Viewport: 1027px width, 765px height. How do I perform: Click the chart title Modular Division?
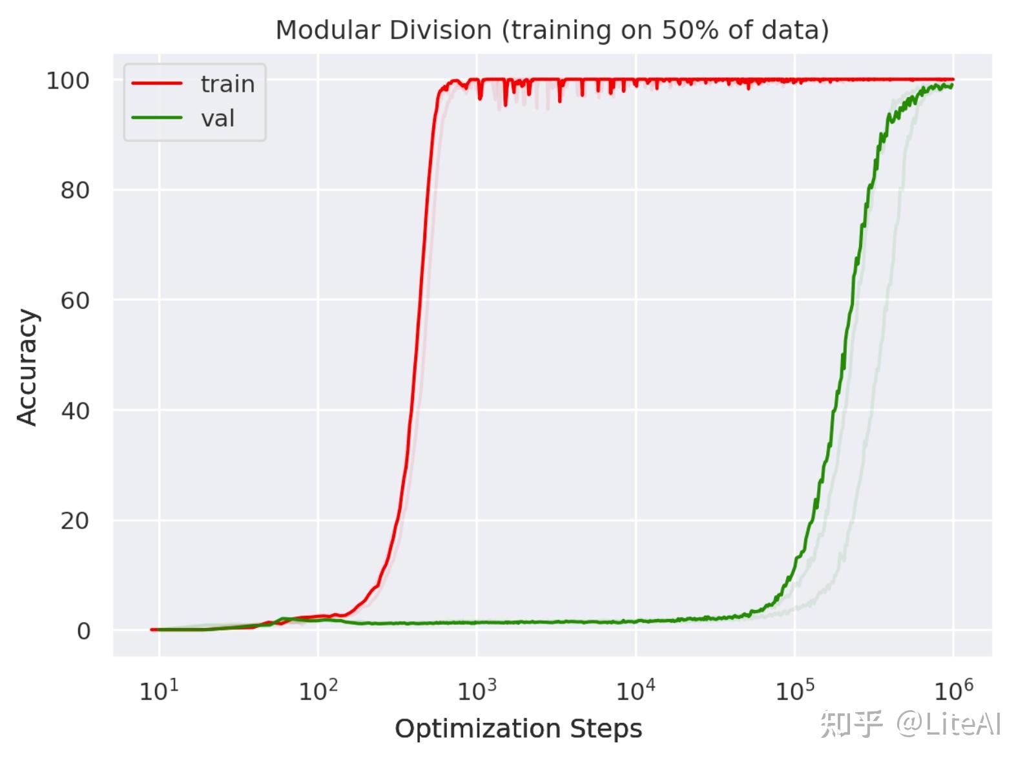(x=384, y=30)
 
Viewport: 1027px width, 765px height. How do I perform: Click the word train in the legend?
(x=227, y=84)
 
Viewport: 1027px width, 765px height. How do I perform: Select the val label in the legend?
(x=218, y=118)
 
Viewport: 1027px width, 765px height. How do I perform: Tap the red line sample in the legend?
(x=157, y=83)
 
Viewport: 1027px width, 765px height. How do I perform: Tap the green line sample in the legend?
(x=157, y=118)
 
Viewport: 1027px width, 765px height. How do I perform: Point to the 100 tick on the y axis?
(x=68, y=81)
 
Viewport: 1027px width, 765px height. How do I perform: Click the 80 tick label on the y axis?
(x=74, y=191)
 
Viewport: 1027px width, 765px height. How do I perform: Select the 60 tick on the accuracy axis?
(x=74, y=300)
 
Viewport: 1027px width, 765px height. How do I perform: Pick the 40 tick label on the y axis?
(x=74, y=411)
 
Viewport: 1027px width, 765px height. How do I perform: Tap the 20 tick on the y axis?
(x=74, y=521)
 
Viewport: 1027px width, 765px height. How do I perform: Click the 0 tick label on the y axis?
(x=83, y=631)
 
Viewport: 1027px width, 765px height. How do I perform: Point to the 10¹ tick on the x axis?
(x=159, y=691)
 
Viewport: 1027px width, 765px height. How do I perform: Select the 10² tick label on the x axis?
(x=318, y=691)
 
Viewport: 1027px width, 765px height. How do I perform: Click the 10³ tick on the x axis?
(x=477, y=691)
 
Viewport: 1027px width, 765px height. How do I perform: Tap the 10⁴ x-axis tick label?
(x=636, y=691)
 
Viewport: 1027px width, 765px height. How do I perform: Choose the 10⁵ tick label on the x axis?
(x=795, y=691)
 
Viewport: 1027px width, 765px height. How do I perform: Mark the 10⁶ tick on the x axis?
(x=954, y=691)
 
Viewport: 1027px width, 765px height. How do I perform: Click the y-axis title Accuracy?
(x=27, y=368)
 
